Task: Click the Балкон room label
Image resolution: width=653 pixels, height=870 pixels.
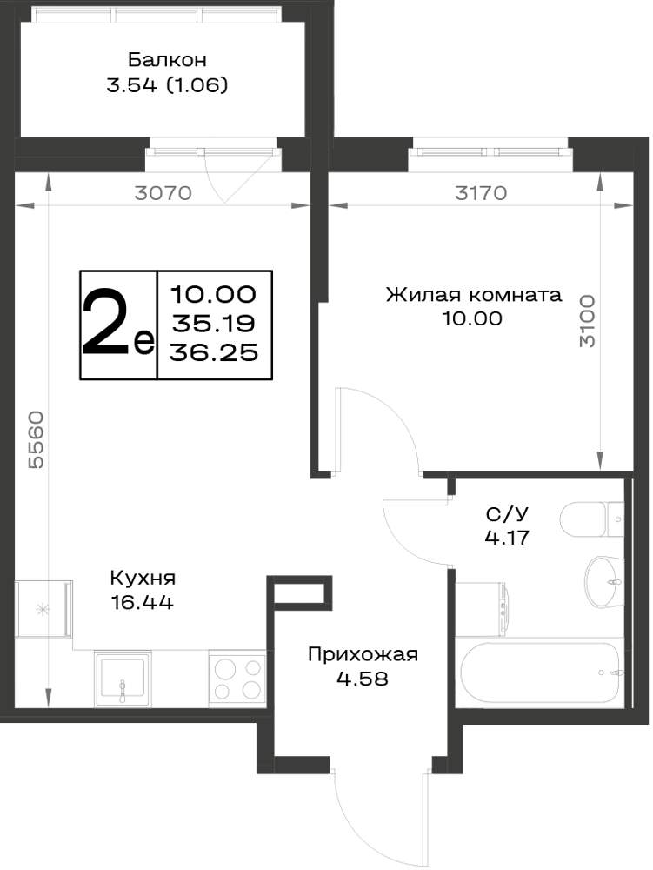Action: click(x=167, y=59)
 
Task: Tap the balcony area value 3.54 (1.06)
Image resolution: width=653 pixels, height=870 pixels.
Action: click(x=167, y=85)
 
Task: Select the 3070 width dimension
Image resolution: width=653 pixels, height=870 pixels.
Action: click(x=163, y=193)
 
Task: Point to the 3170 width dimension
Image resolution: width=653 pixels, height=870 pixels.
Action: click(x=481, y=193)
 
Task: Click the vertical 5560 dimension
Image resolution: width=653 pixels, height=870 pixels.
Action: click(x=36, y=439)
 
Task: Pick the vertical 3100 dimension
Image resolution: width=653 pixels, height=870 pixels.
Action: click(x=587, y=321)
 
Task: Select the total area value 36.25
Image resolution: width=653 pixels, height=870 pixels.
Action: click(x=214, y=351)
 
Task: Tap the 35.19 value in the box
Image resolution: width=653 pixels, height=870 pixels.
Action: click(x=213, y=323)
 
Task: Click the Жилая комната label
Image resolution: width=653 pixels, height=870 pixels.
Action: click(x=473, y=294)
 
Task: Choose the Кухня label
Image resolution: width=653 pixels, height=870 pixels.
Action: click(x=143, y=579)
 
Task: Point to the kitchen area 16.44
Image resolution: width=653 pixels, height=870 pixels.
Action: click(x=143, y=602)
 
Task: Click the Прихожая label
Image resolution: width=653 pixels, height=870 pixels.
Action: click(x=363, y=655)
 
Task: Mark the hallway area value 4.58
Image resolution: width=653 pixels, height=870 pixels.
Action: click(x=363, y=679)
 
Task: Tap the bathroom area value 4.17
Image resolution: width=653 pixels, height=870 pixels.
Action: click(x=507, y=538)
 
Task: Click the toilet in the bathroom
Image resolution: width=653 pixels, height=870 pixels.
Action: click(x=592, y=519)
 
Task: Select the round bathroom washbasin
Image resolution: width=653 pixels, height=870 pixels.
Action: click(x=605, y=581)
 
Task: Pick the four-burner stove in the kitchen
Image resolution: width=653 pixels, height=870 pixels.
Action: click(x=237, y=678)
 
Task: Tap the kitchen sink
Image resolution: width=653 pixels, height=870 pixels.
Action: click(x=123, y=678)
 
